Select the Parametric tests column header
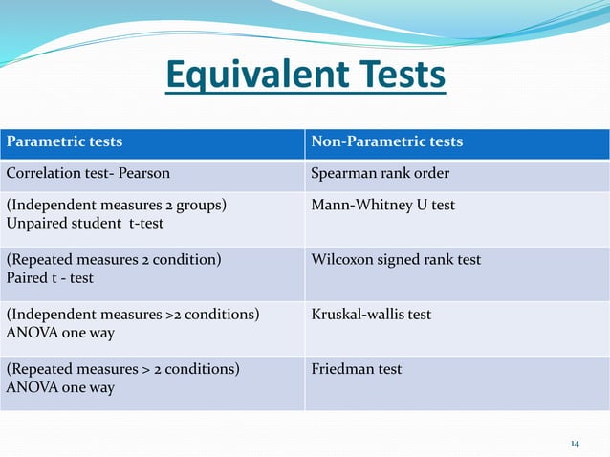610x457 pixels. (x=65, y=141)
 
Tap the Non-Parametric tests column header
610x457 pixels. (x=387, y=141)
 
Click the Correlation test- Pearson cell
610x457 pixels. (x=86, y=175)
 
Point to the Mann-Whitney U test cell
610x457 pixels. (x=383, y=205)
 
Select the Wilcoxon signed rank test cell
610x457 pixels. (x=397, y=260)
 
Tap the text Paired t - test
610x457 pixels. (x=50, y=278)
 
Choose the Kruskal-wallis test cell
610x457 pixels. (x=371, y=315)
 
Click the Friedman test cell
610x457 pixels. (x=357, y=369)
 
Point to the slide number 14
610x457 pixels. (x=575, y=444)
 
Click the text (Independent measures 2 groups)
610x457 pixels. (x=118, y=205)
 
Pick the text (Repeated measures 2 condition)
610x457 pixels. (x=114, y=260)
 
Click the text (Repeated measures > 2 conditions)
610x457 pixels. (x=123, y=369)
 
